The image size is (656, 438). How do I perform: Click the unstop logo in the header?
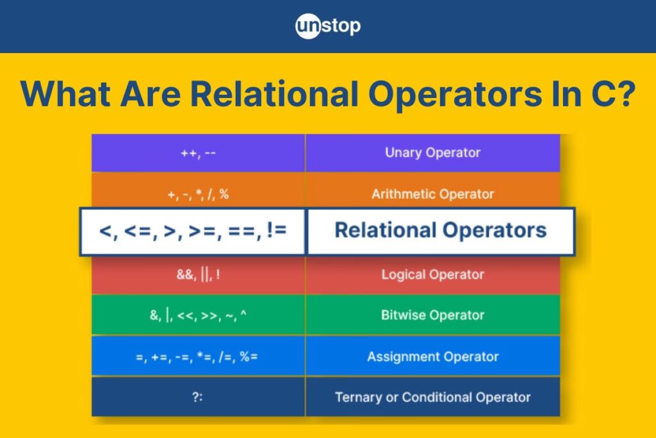click(327, 26)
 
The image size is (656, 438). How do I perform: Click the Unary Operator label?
click(432, 153)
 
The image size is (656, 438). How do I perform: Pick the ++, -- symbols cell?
click(199, 153)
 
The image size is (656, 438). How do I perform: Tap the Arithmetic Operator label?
click(432, 194)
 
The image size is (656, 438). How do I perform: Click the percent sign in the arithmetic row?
click(224, 194)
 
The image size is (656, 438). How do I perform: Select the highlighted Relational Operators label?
click(441, 230)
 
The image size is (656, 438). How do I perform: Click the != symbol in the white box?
click(276, 230)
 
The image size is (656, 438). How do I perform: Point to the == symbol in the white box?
click(242, 231)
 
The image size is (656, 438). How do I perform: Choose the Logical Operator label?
click(432, 274)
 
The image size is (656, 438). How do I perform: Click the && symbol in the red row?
click(184, 274)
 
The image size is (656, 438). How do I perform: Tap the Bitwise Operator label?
click(432, 315)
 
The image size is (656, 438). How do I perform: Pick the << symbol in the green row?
click(185, 316)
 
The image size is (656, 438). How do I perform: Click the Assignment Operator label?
click(432, 357)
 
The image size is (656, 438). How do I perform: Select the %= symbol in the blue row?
click(249, 357)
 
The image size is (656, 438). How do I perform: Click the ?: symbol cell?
click(198, 396)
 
